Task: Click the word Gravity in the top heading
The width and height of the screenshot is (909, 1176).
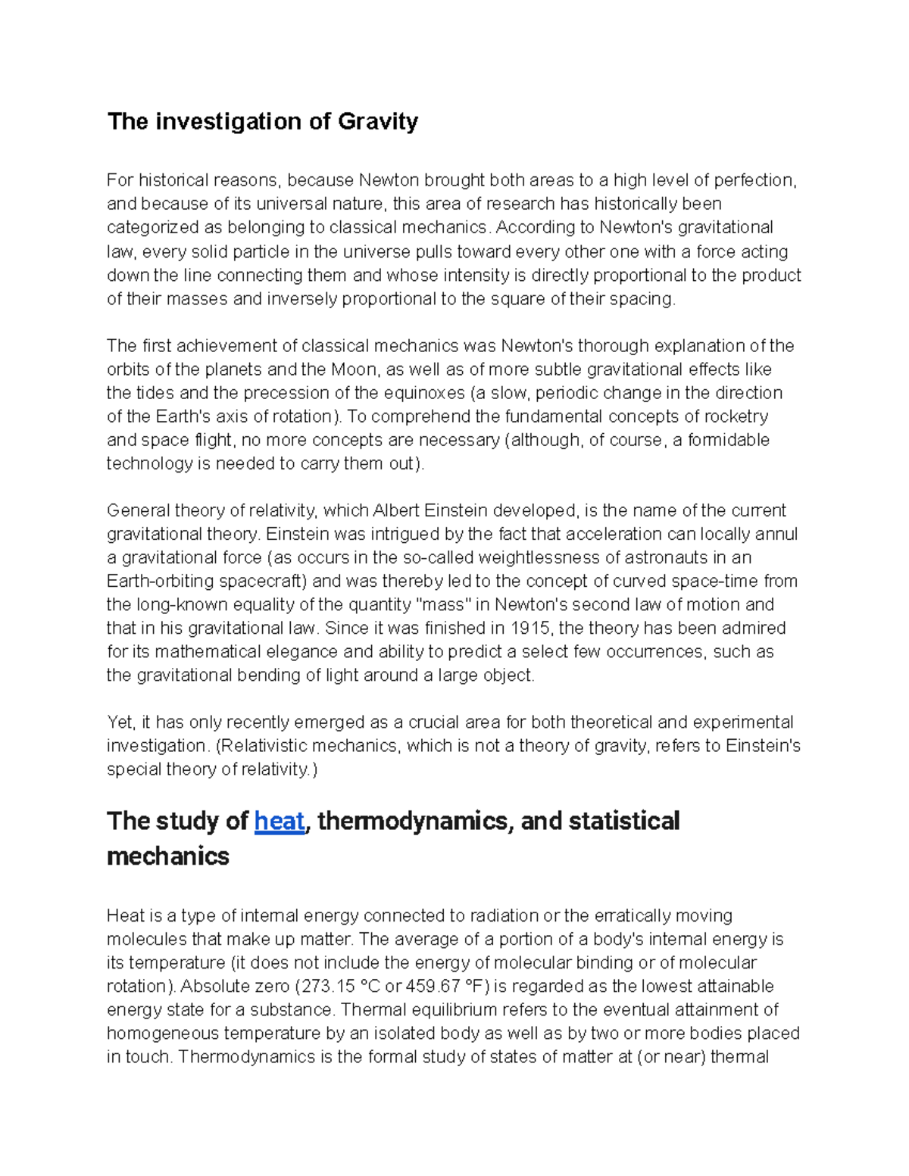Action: pos(378,122)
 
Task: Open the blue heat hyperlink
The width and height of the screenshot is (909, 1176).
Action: pos(280,822)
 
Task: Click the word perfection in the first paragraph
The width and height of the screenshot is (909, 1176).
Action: pos(753,180)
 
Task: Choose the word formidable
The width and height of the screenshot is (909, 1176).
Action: pos(729,440)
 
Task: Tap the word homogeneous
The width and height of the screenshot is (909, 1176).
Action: pos(163,1034)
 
